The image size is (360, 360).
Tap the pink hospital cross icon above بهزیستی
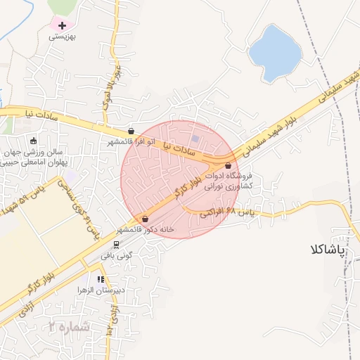pyautogui.click(x=63, y=25)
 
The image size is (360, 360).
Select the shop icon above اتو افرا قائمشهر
pyautogui.click(x=131, y=131)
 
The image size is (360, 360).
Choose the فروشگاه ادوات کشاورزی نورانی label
pyautogui.click(x=229, y=183)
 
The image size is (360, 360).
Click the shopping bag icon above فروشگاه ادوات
pyautogui.click(x=228, y=165)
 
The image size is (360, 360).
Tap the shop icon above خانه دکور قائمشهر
pyautogui.click(x=146, y=219)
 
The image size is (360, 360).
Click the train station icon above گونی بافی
pyautogui.click(x=116, y=245)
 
